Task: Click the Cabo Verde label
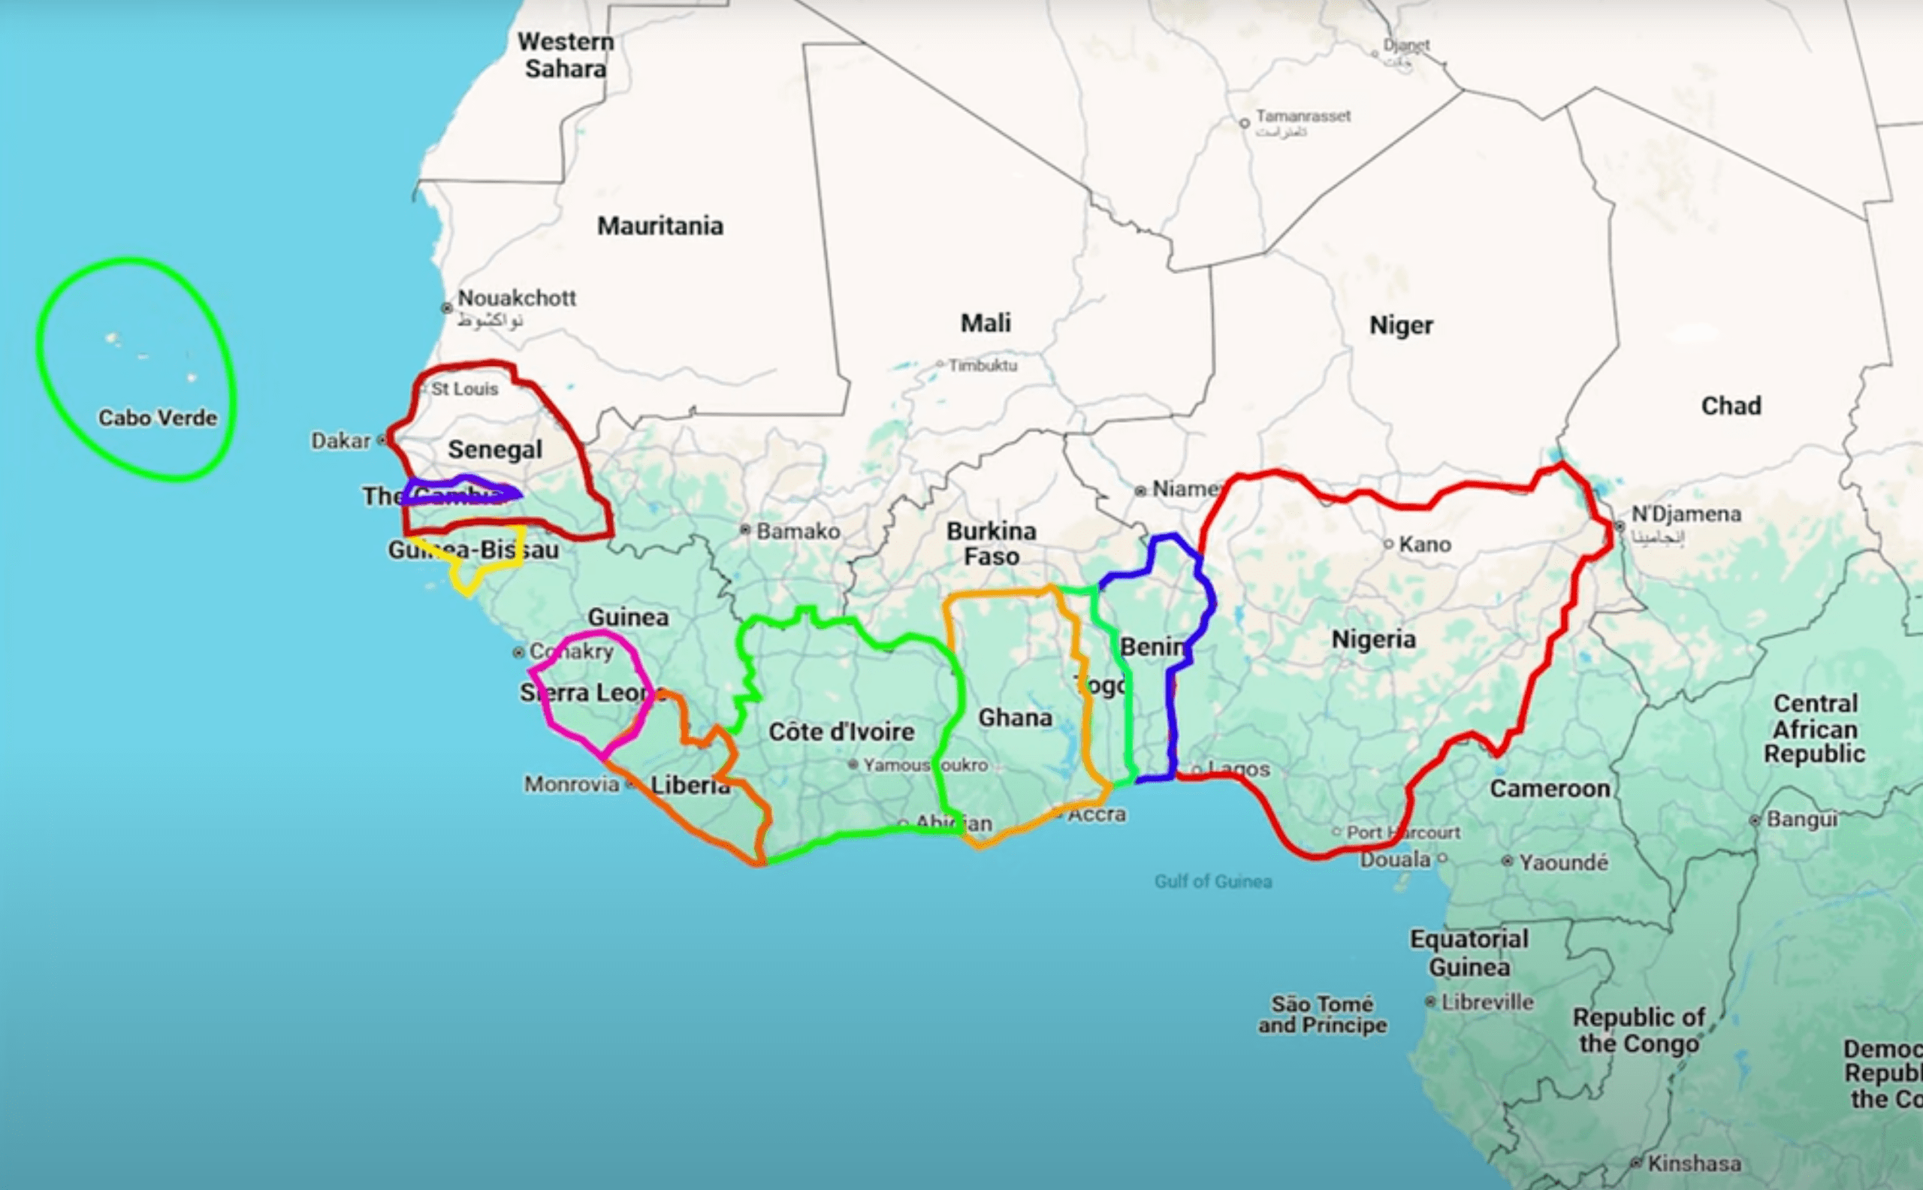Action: pos(157,418)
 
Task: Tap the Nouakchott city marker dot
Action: pos(447,308)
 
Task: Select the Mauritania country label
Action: pos(660,226)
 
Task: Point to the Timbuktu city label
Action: pos(982,365)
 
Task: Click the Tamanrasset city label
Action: pos(1303,116)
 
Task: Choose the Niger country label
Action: pos(1400,325)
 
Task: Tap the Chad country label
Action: pos(1731,406)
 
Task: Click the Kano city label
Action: pos(1424,544)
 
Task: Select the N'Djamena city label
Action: pos(1686,514)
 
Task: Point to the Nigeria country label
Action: pos(1373,639)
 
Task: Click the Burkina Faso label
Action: pos(991,544)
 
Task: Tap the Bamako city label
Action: pos(798,531)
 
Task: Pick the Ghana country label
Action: pos(1014,717)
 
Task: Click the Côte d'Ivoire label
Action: pos(841,732)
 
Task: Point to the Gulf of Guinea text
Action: pos(1212,881)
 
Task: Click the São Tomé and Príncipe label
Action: pos(1322,1014)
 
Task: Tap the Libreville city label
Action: pos(1487,1002)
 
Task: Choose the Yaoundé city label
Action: pos(1562,862)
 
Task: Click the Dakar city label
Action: pos(340,441)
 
